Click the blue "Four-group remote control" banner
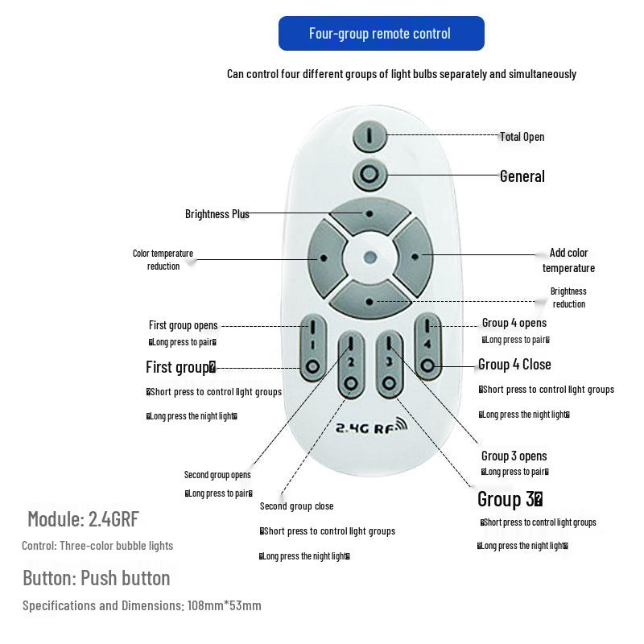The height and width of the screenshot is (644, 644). click(x=381, y=33)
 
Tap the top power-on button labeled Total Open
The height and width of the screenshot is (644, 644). click(x=369, y=136)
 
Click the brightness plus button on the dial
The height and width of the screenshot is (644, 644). click(x=369, y=213)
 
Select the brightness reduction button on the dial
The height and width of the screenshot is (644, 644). click(x=369, y=301)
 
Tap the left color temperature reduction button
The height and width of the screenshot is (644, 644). click(x=324, y=258)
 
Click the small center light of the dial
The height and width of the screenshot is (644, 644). click(x=369, y=258)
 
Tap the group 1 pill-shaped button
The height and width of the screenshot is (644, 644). click(x=312, y=348)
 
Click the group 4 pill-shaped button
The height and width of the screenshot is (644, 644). click(x=427, y=348)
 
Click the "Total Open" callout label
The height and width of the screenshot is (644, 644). click(x=522, y=137)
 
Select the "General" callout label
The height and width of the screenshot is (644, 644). click(x=522, y=176)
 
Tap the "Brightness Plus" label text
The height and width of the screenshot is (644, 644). click(x=217, y=214)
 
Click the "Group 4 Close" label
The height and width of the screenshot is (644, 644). click(x=514, y=365)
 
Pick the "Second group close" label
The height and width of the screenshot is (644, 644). click(x=296, y=506)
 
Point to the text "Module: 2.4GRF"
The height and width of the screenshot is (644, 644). click(x=83, y=518)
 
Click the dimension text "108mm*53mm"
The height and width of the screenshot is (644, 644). click(x=224, y=605)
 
